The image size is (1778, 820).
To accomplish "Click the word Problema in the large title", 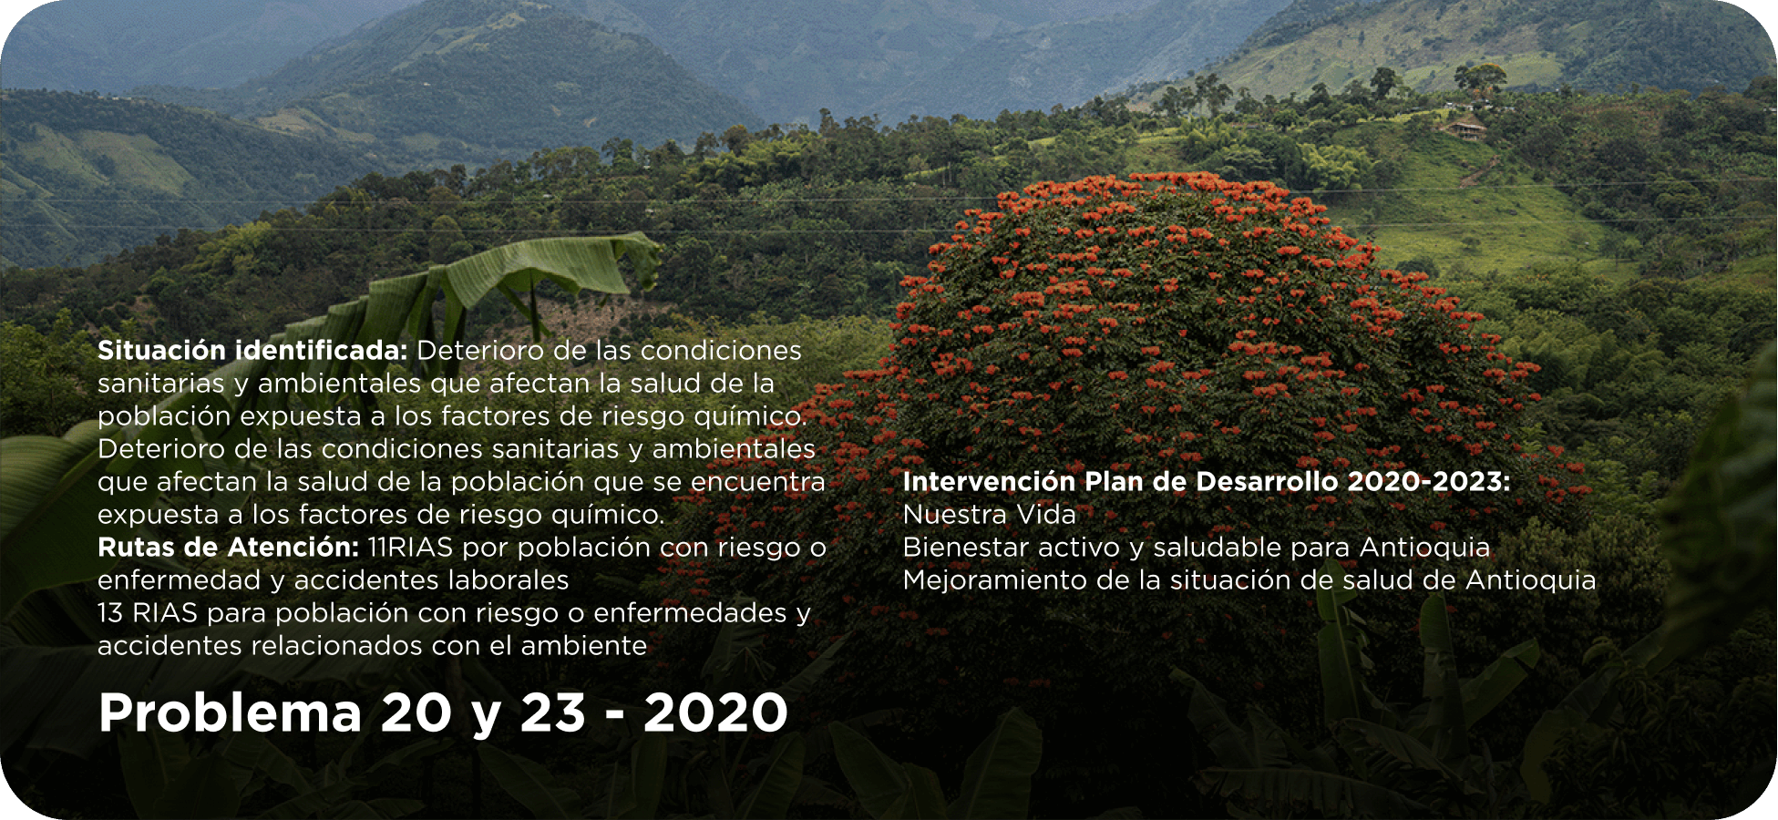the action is (231, 713).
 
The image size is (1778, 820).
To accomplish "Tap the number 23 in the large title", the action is (553, 712).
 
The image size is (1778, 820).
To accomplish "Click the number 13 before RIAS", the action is (110, 613).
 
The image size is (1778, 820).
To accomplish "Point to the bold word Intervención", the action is (990, 482).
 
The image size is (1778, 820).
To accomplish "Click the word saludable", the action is (1217, 548).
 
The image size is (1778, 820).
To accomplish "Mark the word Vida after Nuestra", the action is (1046, 515).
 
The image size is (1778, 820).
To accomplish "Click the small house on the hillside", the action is (1464, 128).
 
